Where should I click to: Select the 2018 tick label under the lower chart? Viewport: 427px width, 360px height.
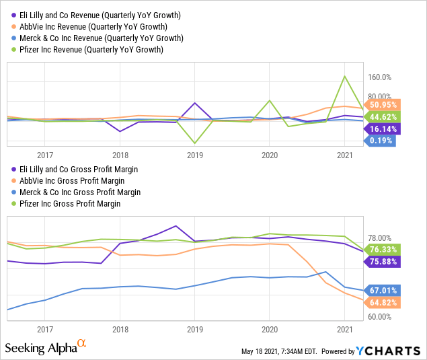pos(120,329)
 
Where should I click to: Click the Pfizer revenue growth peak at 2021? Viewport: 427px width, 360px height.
pos(344,76)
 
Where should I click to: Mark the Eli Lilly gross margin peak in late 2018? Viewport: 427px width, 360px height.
pos(176,226)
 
